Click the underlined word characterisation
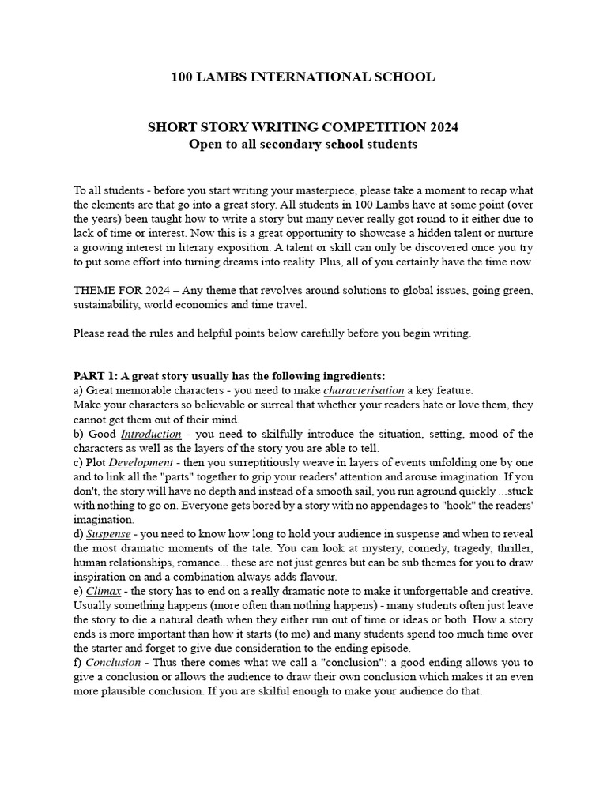pyautogui.click(x=364, y=390)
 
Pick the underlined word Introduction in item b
pyautogui.click(x=151, y=434)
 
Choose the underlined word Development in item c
pyautogui.click(x=141, y=462)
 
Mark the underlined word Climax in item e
pyautogui.click(x=103, y=591)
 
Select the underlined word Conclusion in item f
pyautogui.click(x=113, y=663)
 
